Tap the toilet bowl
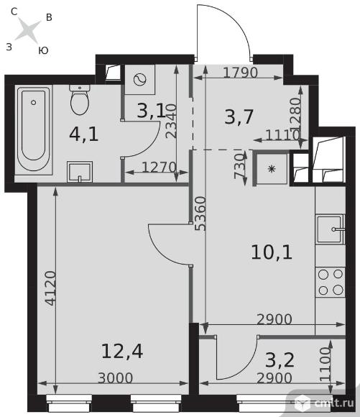80,100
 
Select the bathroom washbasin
80,172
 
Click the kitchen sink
331,229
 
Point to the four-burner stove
331,282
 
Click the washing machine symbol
140,80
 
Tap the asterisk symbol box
272,169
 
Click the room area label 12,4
122,352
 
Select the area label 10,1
272,252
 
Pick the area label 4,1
84,134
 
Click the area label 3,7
239,117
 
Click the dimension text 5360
200,214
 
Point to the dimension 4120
50,288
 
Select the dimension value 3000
116,378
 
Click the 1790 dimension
241,73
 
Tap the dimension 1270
159,168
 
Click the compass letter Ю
43,50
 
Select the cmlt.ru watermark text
334,403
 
